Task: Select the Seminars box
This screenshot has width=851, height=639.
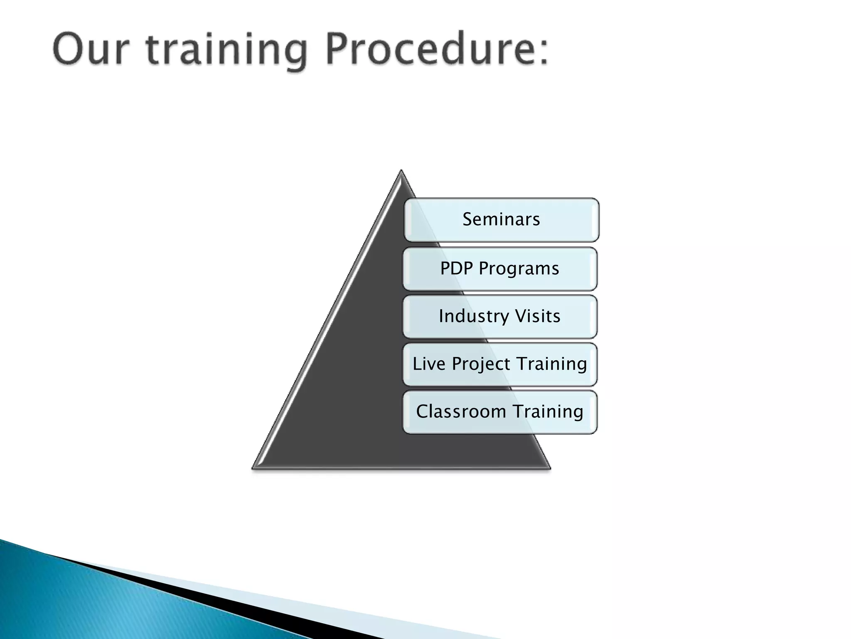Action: [x=501, y=220]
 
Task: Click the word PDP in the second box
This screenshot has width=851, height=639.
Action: [x=456, y=268]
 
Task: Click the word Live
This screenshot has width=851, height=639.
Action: [x=429, y=364]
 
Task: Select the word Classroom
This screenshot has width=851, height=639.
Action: [x=460, y=411]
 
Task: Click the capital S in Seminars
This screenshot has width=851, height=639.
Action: [x=468, y=219]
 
